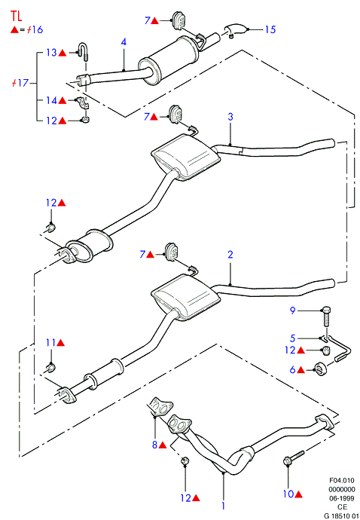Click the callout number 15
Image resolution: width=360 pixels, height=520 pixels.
[x=270, y=29]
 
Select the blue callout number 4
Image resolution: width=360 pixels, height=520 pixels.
[x=124, y=42]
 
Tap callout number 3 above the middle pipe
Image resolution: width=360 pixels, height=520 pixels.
[x=230, y=117]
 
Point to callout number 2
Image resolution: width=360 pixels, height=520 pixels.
[x=230, y=255]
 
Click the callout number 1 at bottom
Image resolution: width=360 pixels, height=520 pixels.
[x=224, y=506]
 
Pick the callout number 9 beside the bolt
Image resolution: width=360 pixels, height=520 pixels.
[x=292, y=310]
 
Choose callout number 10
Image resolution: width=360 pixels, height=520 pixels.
[x=288, y=494]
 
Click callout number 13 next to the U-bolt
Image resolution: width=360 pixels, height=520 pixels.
[x=51, y=53]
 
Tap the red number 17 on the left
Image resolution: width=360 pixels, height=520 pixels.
[x=23, y=83]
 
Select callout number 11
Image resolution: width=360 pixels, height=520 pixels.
[x=50, y=343]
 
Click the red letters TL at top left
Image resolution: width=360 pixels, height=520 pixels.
[x=17, y=16]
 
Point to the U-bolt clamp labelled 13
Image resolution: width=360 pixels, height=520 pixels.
[x=84, y=52]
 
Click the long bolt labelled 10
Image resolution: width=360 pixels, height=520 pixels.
[x=294, y=457]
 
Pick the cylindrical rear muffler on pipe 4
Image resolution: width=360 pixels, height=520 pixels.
[x=168, y=58]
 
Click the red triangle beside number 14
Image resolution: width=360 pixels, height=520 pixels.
[x=63, y=100]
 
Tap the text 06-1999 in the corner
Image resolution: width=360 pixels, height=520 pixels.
[x=342, y=498]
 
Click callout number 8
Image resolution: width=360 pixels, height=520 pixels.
[x=154, y=445]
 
